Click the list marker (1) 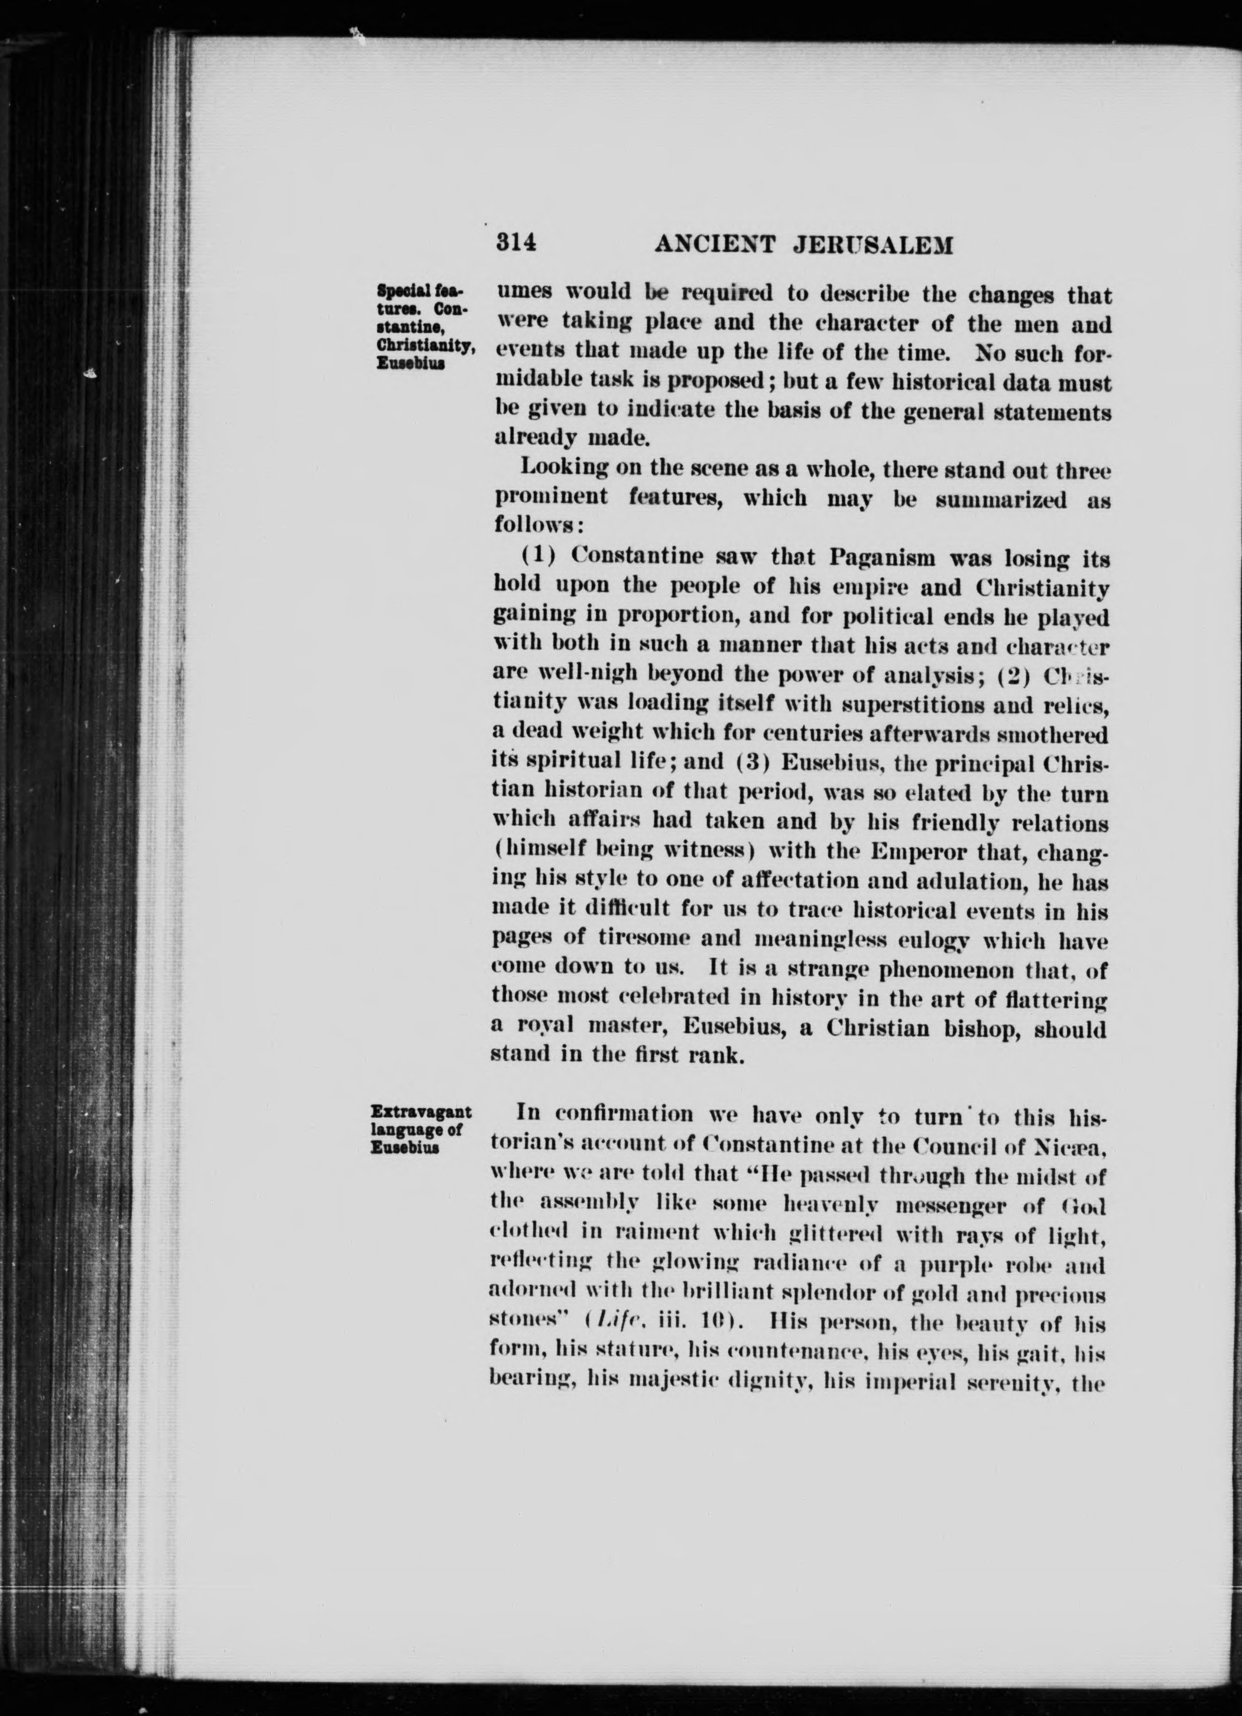click(x=540, y=556)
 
